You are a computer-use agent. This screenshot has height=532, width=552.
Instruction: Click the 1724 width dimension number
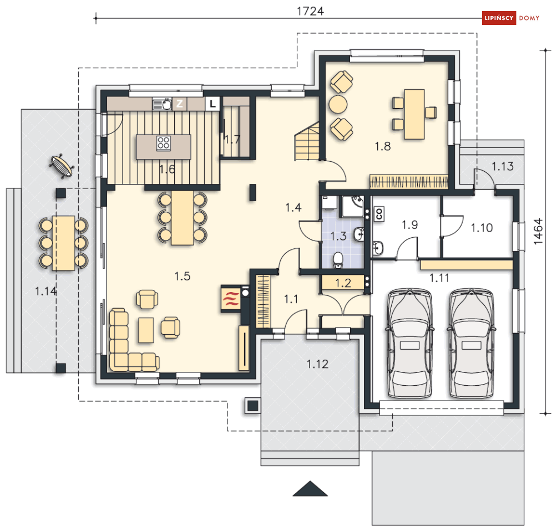point(310,11)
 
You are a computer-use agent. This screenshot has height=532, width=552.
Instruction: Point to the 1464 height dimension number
point(538,232)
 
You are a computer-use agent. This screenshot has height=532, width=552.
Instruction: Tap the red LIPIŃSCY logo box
point(499,18)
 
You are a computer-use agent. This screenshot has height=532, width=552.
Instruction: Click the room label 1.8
point(383,146)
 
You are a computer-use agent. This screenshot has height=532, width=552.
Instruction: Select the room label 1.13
point(503,166)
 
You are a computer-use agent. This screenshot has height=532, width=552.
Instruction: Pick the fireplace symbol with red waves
point(231,299)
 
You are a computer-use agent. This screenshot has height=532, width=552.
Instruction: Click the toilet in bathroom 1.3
point(338,260)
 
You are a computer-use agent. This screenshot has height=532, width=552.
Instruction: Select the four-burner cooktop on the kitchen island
point(164,144)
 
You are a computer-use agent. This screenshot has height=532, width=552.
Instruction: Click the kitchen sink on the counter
point(163,104)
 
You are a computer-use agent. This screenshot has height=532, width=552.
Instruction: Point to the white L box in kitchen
point(212,104)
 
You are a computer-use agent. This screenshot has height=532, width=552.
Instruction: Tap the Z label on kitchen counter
point(180,104)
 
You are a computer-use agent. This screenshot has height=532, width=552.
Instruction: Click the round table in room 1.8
point(338,104)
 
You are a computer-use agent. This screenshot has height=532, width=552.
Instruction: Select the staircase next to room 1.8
point(307,141)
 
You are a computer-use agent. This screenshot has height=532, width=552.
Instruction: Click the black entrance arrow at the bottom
point(310,489)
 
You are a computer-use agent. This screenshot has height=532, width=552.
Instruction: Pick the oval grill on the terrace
point(62,166)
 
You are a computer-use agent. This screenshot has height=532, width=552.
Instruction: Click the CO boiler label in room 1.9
point(379,214)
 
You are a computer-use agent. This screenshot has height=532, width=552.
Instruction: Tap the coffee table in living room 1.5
point(146,330)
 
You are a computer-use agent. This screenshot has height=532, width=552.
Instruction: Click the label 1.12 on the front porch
point(317,364)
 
